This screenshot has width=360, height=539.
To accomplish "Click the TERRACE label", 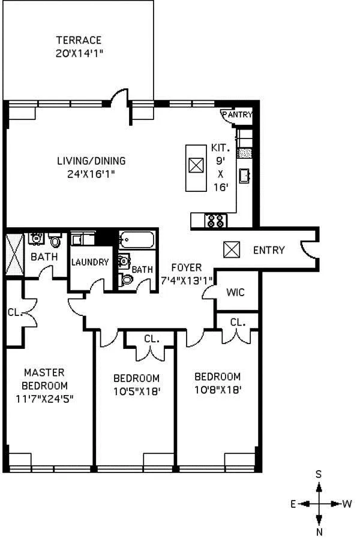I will click(79, 41).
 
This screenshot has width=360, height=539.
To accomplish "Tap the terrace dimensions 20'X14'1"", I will click(79, 52).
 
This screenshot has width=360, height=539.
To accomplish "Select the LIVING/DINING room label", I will click(91, 161).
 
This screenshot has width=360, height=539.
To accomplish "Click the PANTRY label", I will click(237, 115).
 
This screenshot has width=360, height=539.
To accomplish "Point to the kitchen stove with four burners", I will click(216, 220).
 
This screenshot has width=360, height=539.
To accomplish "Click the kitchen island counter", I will click(196, 167).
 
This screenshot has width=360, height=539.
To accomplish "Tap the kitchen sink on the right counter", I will click(245, 176).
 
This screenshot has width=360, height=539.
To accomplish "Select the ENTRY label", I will click(268, 250).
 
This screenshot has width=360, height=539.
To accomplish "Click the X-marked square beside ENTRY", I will click(232, 249).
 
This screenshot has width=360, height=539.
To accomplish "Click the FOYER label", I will click(186, 267).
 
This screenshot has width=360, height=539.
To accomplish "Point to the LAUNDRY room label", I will click(90, 262).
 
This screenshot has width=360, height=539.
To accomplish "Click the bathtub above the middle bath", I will click(137, 241).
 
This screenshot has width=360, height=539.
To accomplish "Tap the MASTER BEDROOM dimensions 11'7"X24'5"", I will click(45, 398).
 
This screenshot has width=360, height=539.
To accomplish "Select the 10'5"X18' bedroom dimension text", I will click(136, 391).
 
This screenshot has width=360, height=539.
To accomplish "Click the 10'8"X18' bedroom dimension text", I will click(217, 389).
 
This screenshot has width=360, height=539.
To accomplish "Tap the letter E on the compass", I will click(293, 504).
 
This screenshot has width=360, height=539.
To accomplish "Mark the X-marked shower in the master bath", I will click(13, 253).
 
